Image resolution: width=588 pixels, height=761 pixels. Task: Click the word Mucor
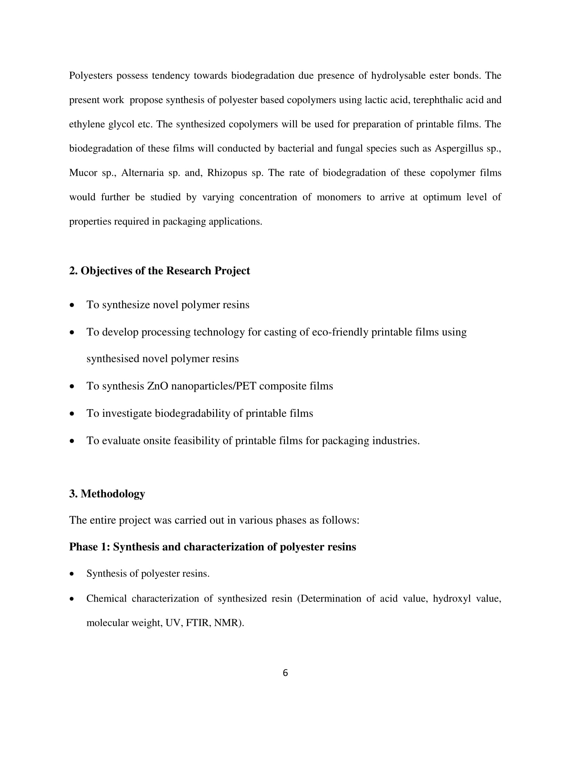(83, 173)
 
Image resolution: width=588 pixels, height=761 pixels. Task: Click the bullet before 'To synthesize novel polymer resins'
(72, 305)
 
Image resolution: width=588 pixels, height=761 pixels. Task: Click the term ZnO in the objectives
(158, 386)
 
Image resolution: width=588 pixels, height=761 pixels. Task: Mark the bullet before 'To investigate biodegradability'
(72, 414)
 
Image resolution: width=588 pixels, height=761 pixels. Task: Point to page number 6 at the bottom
(285, 673)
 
